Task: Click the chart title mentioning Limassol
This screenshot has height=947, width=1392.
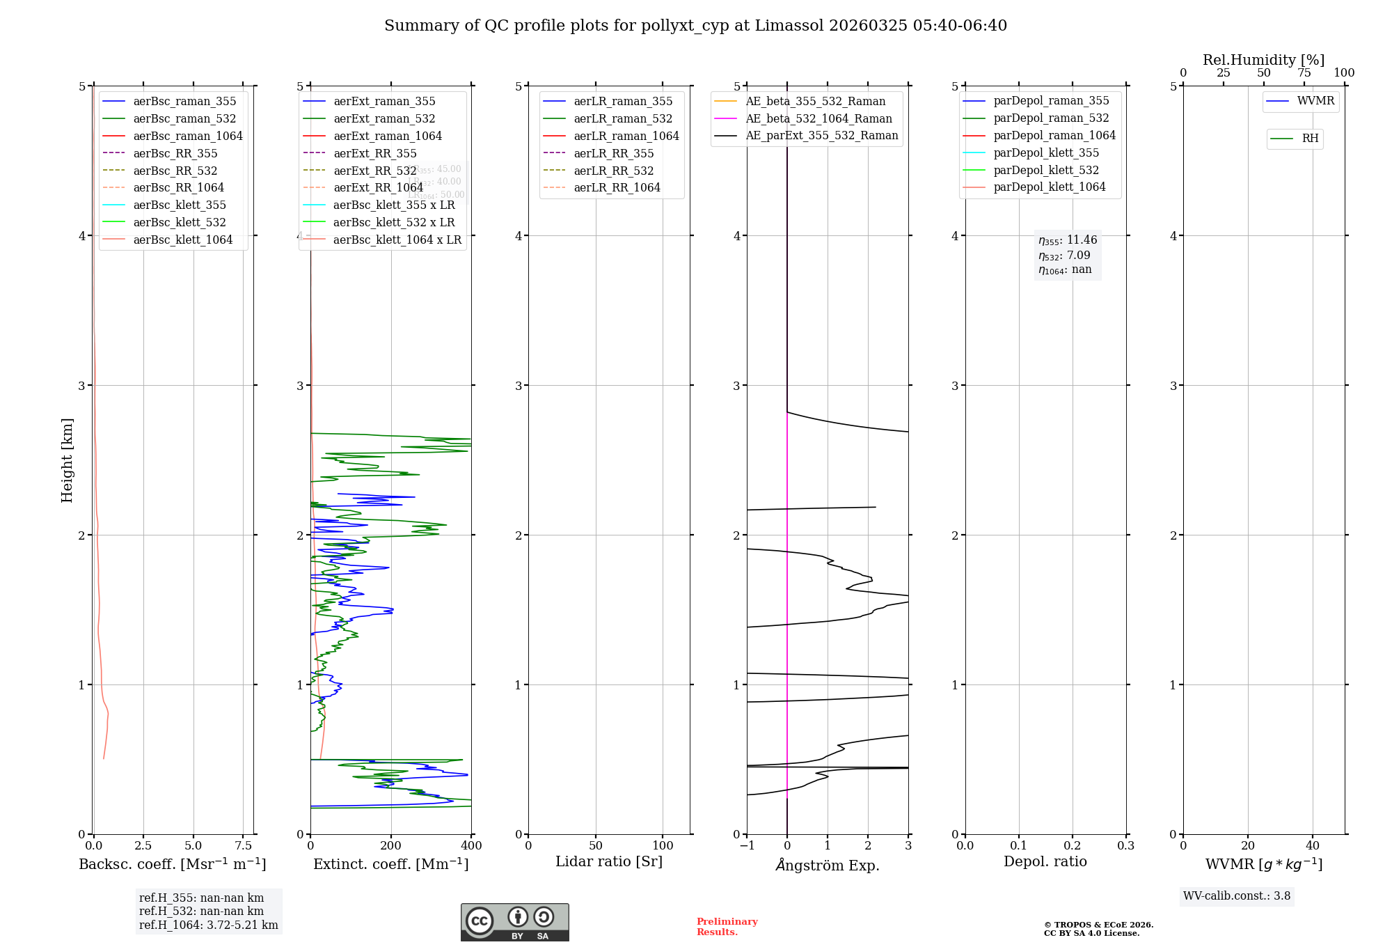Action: coord(695,26)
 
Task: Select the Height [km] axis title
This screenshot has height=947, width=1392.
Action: coord(67,460)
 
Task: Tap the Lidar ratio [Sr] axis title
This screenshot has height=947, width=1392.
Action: coord(609,861)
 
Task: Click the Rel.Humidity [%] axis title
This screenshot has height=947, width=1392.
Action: coord(1263,60)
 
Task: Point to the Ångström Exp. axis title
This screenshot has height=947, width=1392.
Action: coord(828,865)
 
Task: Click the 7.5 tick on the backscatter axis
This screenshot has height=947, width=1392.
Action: coord(244,846)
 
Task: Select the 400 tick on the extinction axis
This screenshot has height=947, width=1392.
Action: coord(472,846)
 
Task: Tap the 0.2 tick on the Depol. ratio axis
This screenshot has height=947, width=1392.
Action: coord(1073,846)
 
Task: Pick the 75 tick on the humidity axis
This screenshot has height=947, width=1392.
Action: coord(1304,73)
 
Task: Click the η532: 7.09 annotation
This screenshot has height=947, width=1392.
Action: coord(1065,256)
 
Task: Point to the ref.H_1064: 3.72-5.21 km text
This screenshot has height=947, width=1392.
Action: coord(208,925)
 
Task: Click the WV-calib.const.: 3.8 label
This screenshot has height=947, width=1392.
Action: coord(1237,896)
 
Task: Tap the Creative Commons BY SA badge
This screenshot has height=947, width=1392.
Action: coord(514,922)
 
